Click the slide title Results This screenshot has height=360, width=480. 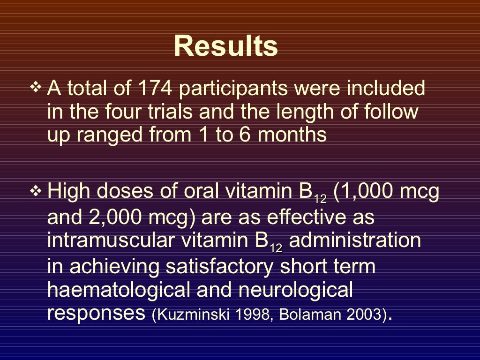[x=225, y=46]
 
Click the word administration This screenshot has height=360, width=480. [x=355, y=240]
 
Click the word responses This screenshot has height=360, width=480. [x=96, y=313]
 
